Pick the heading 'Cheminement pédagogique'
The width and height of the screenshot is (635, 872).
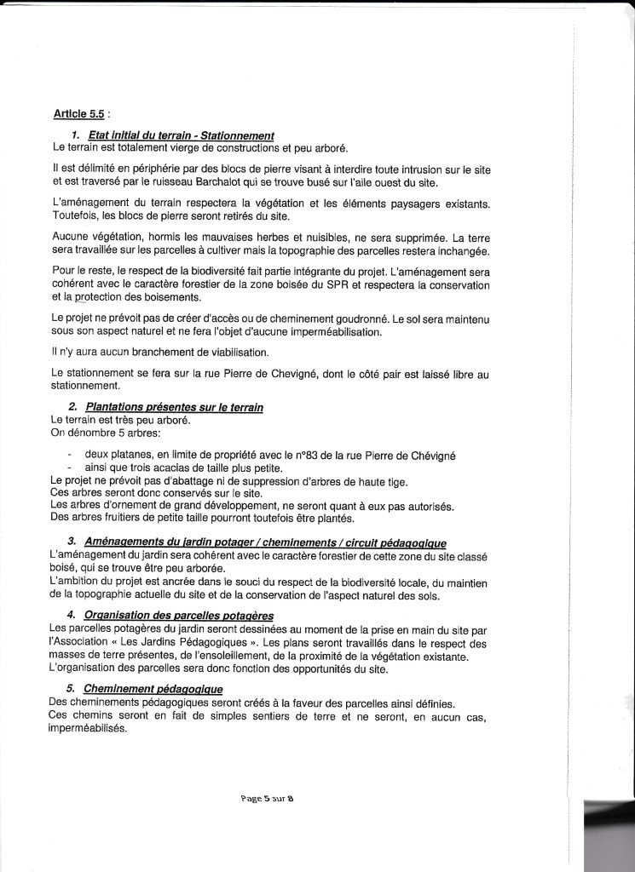[x=140, y=689]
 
